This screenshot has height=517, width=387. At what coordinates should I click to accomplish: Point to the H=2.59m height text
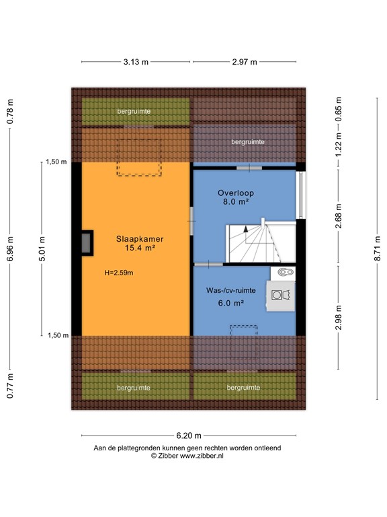[x=119, y=273]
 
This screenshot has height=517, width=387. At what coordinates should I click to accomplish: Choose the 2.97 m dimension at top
[x=245, y=62]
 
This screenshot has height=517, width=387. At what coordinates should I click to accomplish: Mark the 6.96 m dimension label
[x=10, y=248]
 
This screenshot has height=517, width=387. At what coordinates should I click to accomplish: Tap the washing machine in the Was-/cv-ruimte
[x=281, y=296]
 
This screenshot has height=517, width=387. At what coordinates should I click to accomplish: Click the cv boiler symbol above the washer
[x=283, y=272]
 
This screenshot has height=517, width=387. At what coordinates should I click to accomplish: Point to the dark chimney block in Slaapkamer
[x=87, y=243]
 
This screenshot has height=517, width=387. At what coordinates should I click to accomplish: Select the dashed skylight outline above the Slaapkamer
[x=140, y=158]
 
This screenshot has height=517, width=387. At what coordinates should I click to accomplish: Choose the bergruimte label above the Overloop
[x=248, y=142]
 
